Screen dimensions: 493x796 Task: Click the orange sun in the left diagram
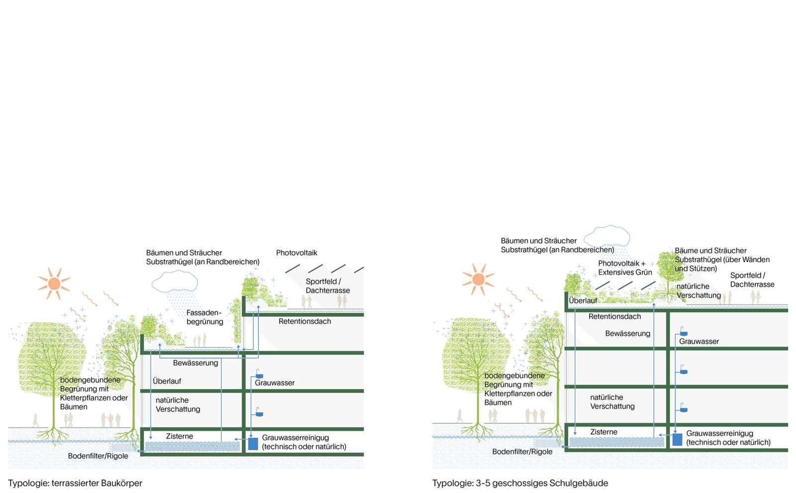pyautogui.click(x=54, y=284)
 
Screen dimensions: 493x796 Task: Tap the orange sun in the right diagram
pyautogui.click(x=478, y=279)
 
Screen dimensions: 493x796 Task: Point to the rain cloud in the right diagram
pyautogui.click(x=606, y=236)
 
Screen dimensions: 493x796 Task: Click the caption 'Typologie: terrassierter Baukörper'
pyautogui.click(x=75, y=483)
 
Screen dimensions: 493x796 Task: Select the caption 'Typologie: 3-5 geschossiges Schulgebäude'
pyautogui.click(x=520, y=483)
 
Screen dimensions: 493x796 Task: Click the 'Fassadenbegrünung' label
pyautogui.click(x=204, y=317)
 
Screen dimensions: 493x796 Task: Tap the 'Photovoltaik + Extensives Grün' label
pyautogui.click(x=625, y=268)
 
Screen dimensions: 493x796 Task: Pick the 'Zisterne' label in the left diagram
pyautogui.click(x=179, y=436)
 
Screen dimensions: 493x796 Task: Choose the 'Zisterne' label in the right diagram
pyautogui.click(x=603, y=432)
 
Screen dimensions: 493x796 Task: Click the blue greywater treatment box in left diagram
pyautogui.click(x=253, y=443)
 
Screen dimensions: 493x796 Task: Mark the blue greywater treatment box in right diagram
pyautogui.click(x=677, y=439)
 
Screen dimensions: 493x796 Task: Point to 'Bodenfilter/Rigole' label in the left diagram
pyautogui.click(x=98, y=456)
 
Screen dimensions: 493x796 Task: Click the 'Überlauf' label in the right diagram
pyautogui.click(x=583, y=300)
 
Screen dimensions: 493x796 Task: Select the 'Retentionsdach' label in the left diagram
pyautogui.click(x=304, y=321)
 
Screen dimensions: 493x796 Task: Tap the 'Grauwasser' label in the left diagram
pyautogui.click(x=275, y=383)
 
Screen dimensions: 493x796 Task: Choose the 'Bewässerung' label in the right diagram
pyautogui.click(x=627, y=333)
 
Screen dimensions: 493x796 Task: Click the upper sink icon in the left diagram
pyautogui.click(x=259, y=374)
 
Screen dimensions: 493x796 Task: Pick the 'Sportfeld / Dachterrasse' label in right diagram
pyautogui.click(x=752, y=280)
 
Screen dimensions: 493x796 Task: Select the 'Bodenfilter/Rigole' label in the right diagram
pyautogui.click(x=522, y=452)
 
